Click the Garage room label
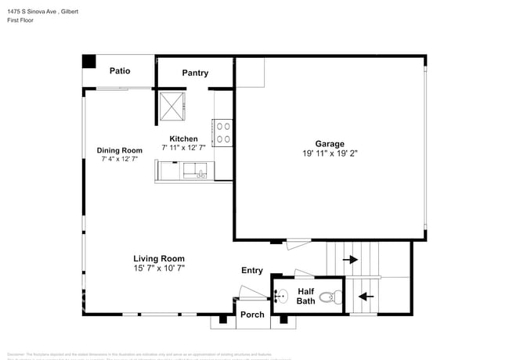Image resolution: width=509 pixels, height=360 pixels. coord(330,143)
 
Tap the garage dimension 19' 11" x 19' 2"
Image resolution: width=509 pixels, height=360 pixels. coord(330,154)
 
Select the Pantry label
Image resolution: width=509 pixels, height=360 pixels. coord(195,73)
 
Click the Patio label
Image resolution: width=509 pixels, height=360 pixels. coord(120,70)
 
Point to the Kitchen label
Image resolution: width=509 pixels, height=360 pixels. coord(184,139)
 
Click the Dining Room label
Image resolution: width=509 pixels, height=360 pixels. coord(119,150)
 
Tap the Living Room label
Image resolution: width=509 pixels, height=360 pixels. coord(158,258)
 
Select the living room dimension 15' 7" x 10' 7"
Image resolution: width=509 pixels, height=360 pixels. coord(158,268)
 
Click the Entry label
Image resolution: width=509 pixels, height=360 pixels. coord(251,270)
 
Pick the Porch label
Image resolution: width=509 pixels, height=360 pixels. coord(252,315)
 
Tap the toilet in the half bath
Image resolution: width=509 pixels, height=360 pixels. coord(334,296)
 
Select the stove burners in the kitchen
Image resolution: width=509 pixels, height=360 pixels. coord(222,131)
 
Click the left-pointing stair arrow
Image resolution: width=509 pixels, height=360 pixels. coord(363,297)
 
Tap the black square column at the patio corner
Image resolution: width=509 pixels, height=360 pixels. coord(90,61)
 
